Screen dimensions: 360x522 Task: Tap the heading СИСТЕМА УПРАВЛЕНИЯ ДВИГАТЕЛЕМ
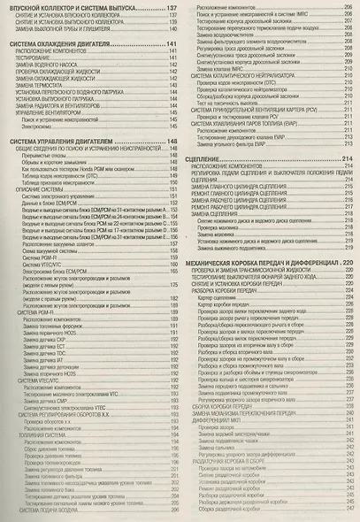[x=64, y=141]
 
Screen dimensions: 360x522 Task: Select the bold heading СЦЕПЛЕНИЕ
[x=211, y=157]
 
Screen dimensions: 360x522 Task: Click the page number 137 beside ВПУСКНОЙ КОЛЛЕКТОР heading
[x=172, y=7]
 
